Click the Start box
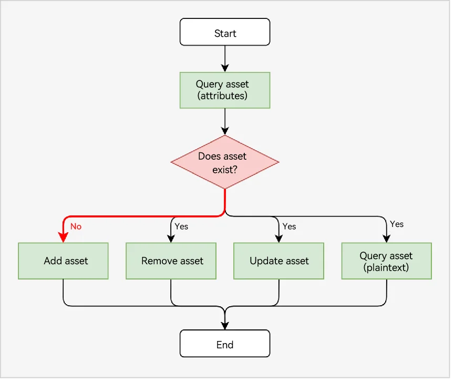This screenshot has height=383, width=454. point(225,32)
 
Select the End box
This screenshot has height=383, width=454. point(225,344)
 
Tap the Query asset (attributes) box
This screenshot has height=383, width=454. point(225,90)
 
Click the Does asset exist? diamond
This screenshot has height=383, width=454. point(225,162)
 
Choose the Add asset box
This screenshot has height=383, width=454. point(63,261)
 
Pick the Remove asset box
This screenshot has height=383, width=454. point(171,261)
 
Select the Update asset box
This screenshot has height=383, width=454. point(278,261)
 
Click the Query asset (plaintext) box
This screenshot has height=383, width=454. point(387,261)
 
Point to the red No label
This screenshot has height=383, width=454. point(76,226)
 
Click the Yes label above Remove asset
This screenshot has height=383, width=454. point(181,226)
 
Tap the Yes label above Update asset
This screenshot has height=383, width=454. point(289,226)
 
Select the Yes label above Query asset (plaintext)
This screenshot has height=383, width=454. point(397,224)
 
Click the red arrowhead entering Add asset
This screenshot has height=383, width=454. point(63,237)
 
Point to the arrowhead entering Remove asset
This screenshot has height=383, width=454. point(171,239)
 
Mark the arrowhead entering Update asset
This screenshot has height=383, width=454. point(278,239)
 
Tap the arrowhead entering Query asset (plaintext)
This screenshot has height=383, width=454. point(387,239)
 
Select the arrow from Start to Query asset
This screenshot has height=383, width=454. point(225,59)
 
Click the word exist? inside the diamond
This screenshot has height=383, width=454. point(225,170)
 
